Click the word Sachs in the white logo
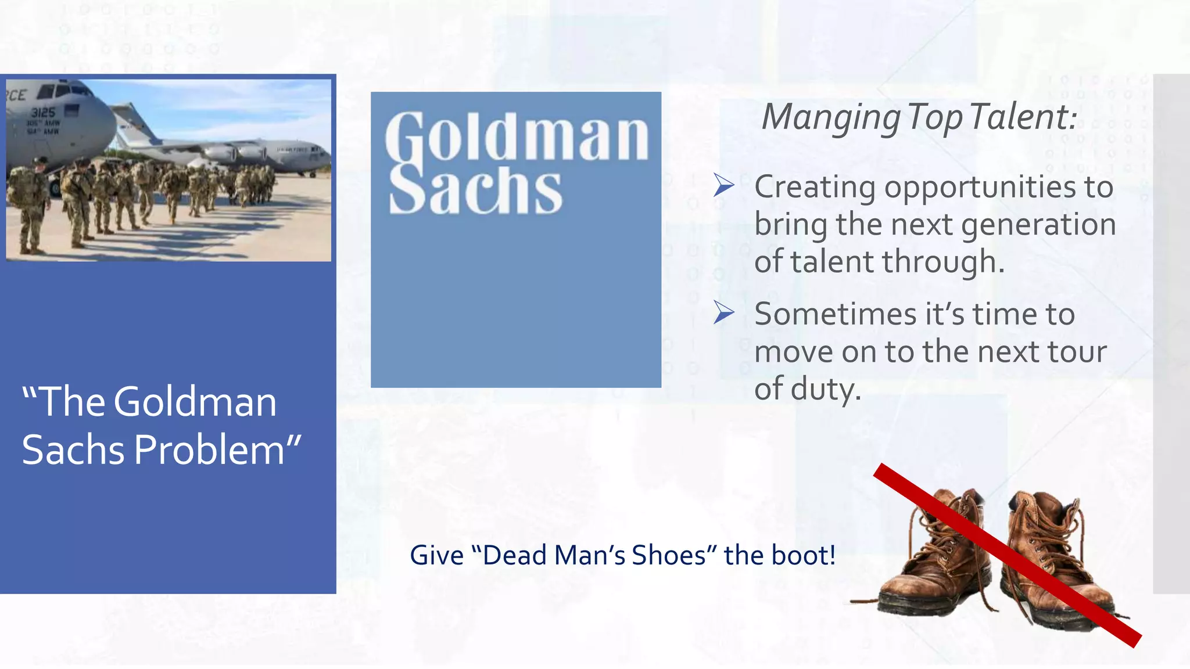pos(475,189)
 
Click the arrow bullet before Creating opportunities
pos(724,186)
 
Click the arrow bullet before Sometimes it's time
pos(724,313)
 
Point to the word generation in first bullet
pos(1038,225)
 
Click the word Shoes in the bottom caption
pos(668,555)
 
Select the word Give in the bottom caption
pos(436,555)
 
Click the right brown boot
pos(1052,557)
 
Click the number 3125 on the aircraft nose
pos(43,113)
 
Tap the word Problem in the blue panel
pos(209,450)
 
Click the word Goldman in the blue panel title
pos(195,402)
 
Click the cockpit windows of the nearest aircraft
pos(60,91)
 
